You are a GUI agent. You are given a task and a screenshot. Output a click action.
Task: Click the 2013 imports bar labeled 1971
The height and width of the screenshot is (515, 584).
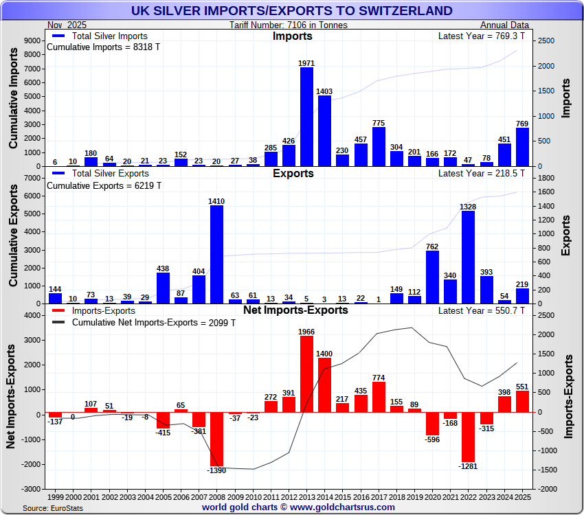click(x=306, y=116)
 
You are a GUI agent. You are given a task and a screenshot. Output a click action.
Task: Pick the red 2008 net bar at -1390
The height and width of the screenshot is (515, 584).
click(x=216, y=439)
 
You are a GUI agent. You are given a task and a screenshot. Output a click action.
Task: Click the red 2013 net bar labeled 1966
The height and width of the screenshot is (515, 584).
click(x=306, y=374)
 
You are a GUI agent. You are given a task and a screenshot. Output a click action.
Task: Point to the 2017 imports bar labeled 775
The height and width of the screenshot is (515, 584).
click(x=379, y=146)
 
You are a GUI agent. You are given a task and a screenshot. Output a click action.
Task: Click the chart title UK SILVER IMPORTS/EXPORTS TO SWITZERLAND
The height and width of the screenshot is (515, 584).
click(x=292, y=10)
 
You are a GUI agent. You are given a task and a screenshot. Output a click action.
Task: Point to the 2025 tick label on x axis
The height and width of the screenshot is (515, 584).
click(x=523, y=496)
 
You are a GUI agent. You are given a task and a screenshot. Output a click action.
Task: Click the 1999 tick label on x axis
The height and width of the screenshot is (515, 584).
click(x=56, y=496)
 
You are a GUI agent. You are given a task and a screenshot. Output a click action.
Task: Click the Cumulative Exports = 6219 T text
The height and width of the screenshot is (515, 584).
click(x=104, y=186)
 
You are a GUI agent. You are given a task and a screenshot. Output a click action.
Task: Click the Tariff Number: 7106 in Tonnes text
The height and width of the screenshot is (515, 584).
click(x=289, y=25)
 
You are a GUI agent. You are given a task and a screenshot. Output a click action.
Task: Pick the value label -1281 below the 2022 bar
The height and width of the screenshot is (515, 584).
click(x=468, y=466)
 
